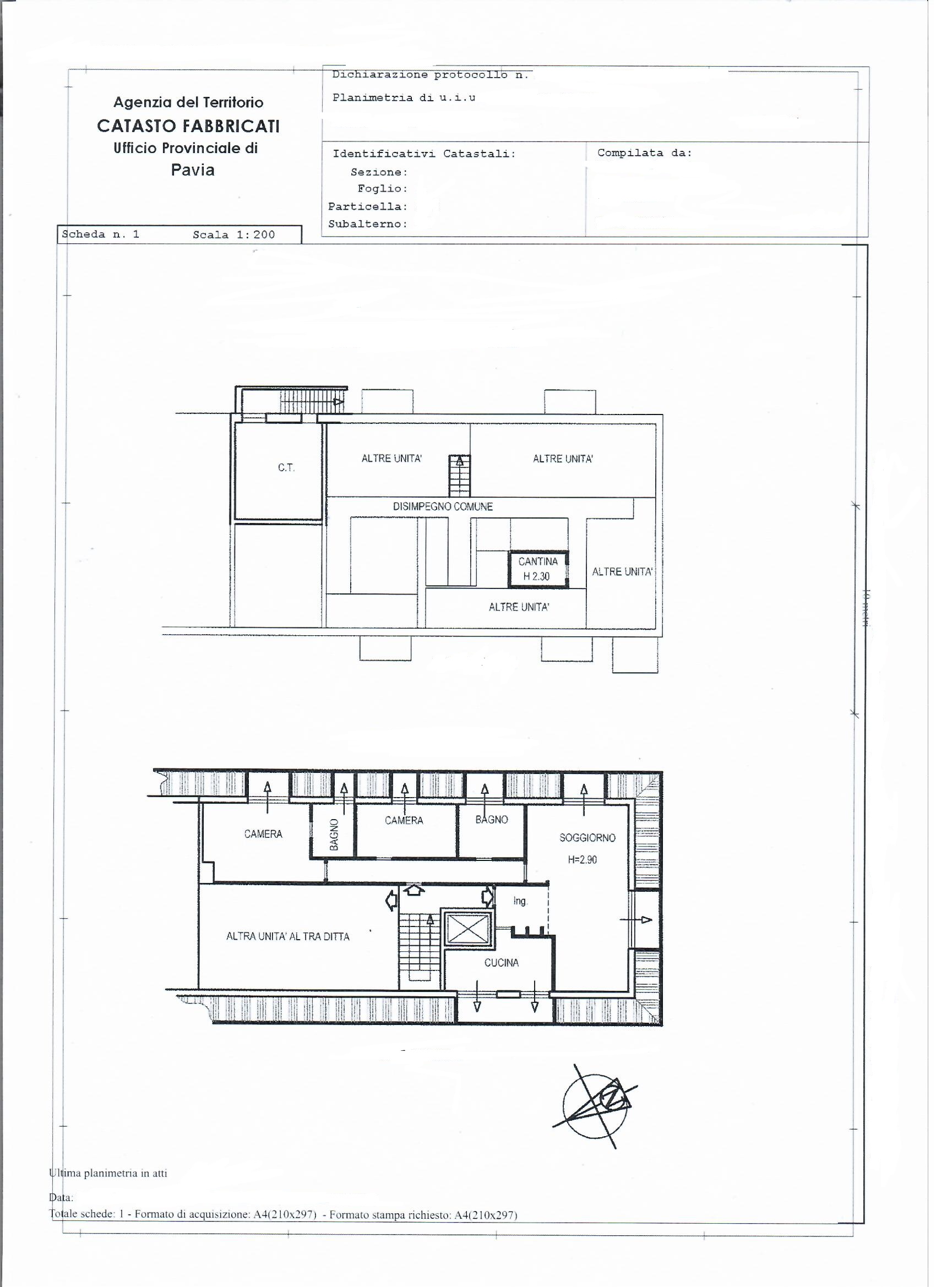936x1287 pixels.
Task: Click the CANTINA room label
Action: pyautogui.click(x=538, y=562)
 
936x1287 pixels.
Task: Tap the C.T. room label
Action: pyautogui.click(x=286, y=468)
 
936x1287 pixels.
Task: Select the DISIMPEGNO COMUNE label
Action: pyautogui.click(x=443, y=507)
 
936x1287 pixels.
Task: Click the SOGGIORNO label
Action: pyautogui.click(x=587, y=838)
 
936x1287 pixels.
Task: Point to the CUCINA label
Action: pyautogui.click(x=501, y=962)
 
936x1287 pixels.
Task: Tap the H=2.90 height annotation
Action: pyautogui.click(x=583, y=860)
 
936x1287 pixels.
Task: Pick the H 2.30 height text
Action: pyautogui.click(x=536, y=576)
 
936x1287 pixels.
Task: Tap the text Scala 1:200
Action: pyautogui.click(x=234, y=235)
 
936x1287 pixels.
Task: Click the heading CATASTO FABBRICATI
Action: pyautogui.click(x=188, y=126)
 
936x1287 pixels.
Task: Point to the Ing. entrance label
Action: pyautogui.click(x=520, y=902)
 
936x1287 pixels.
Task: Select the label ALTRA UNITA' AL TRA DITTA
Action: pyautogui.click(x=288, y=937)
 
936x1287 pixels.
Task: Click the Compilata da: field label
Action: pyautogui.click(x=645, y=153)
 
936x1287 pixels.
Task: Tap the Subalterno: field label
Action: pyautogui.click(x=368, y=224)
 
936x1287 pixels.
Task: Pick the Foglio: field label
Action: pyautogui.click(x=383, y=189)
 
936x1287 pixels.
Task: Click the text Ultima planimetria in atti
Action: pyautogui.click(x=108, y=1174)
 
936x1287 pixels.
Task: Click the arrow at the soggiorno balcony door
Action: pyautogui.click(x=636, y=920)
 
